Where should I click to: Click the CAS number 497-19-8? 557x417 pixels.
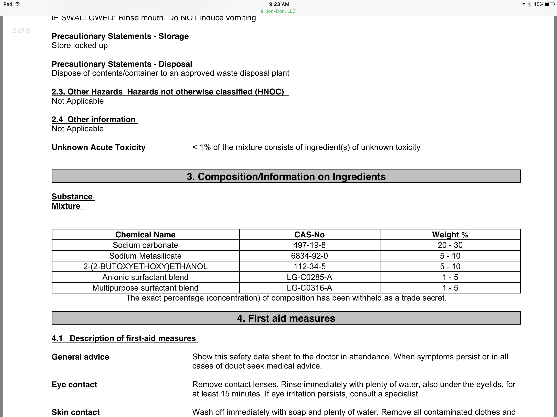(x=309, y=245)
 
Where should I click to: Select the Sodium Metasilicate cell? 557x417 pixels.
(x=145, y=256)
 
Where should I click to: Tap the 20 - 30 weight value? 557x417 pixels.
(x=450, y=245)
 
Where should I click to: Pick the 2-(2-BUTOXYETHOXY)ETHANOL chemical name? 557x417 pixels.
(x=145, y=266)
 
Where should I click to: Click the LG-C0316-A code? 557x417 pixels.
(x=309, y=288)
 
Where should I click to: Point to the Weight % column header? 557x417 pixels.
(x=450, y=235)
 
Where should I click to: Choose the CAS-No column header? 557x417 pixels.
(x=309, y=235)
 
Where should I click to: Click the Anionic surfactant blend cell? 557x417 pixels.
(x=145, y=277)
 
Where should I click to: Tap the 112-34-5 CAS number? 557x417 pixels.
(x=309, y=266)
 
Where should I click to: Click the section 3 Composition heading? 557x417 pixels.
(x=286, y=177)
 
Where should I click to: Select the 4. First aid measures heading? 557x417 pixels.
(x=286, y=318)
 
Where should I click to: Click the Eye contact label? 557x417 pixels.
(x=74, y=385)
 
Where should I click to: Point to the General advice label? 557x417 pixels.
(x=80, y=357)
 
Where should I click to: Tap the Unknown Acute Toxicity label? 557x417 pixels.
(x=98, y=147)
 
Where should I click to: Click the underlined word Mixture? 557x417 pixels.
(x=66, y=206)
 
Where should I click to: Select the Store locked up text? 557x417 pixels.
(x=80, y=46)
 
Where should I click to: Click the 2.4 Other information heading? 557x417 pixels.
(x=94, y=120)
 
